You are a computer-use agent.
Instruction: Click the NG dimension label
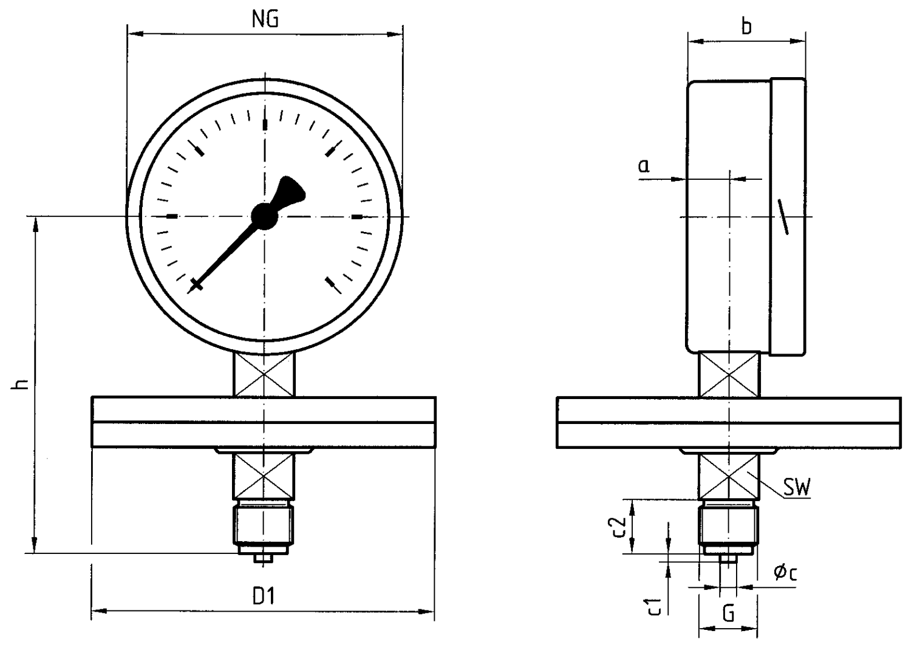(265, 19)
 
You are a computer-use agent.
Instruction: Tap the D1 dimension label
(264, 596)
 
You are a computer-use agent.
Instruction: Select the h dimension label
(21, 384)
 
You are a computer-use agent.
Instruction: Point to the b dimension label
(746, 27)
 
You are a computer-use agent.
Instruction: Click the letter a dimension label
(644, 165)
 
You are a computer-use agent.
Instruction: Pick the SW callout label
(797, 487)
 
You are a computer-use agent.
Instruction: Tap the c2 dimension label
(618, 526)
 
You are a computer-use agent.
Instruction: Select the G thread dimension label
(728, 613)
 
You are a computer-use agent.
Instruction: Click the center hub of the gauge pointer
(264, 216)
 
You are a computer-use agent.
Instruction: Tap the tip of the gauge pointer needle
(196, 285)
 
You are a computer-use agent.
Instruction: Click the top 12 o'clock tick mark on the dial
(264, 125)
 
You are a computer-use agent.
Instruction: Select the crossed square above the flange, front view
(264, 375)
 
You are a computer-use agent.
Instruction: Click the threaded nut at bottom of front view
(264, 524)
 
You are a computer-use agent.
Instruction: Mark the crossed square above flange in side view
(729, 375)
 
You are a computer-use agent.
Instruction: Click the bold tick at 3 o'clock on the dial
(357, 216)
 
